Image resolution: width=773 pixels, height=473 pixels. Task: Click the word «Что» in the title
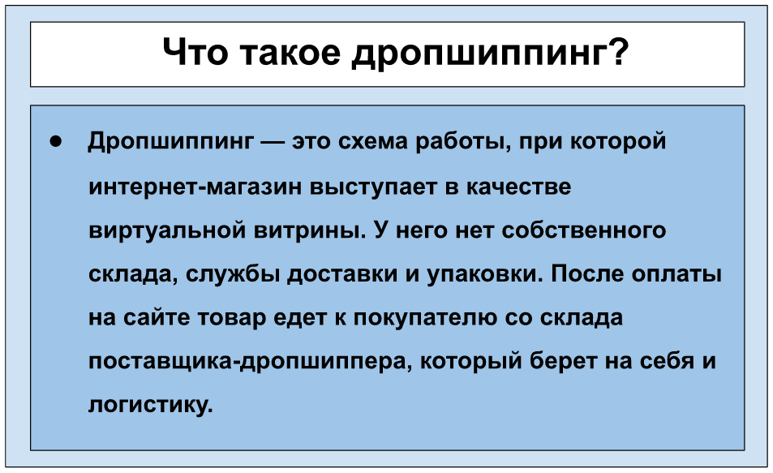coord(195,52)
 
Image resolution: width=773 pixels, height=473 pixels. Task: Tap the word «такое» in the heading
coord(290,53)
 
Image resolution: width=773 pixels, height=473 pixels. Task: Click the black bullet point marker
coord(55,142)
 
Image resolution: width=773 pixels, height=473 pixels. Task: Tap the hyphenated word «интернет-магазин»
coord(195,187)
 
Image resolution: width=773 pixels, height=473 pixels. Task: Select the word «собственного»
coord(584,231)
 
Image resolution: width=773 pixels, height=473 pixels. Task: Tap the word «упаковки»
coord(484,274)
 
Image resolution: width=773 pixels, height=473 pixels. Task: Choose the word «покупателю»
coord(425,319)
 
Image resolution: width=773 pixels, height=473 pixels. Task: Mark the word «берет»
coord(563,362)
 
